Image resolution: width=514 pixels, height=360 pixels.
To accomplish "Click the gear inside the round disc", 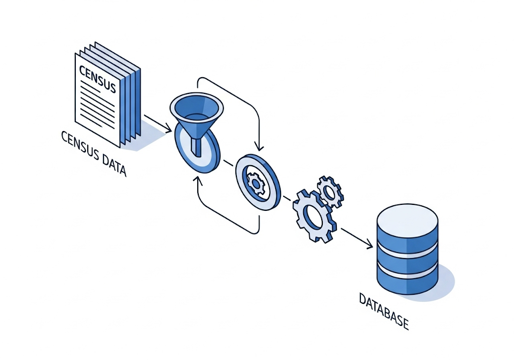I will pos(256,183).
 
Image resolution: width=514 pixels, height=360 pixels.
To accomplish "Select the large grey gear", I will pos(314,214).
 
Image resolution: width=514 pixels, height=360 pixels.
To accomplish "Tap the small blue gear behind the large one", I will pos(330,191).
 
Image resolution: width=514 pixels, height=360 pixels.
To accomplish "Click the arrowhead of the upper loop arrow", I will pos(259,147).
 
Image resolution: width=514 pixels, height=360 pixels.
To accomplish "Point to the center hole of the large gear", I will pos(313,217).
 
